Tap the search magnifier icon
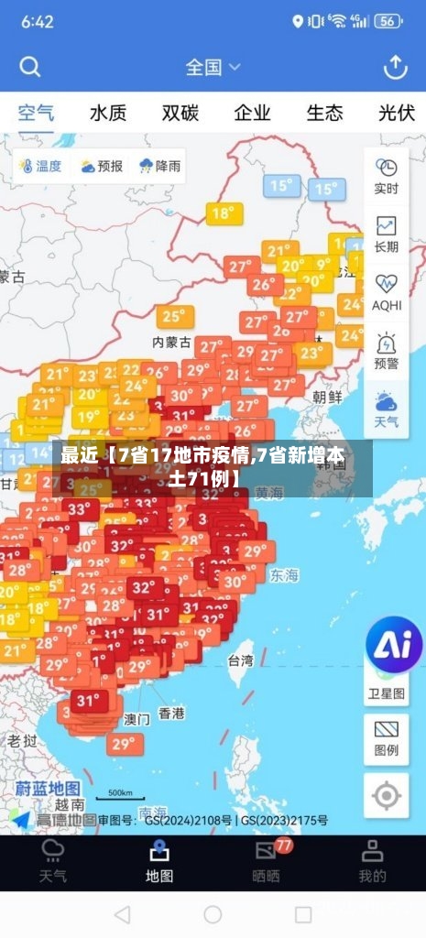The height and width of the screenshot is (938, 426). (x=30, y=67)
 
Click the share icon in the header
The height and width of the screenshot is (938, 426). (x=395, y=67)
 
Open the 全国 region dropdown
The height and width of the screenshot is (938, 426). (x=213, y=67)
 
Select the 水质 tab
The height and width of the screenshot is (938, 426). (x=108, y=114)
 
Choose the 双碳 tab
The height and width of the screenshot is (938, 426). (x=180, y=114)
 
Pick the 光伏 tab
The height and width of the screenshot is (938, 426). (x=397, y=114)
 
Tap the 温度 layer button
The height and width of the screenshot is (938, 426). (x=38, y=166)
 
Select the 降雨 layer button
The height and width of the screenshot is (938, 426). (x=159, y=166)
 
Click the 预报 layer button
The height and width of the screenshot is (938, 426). (x=101, y=166)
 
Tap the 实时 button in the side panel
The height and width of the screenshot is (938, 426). (x=387, y=176)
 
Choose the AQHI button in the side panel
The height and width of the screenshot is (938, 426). (x=387, y=292)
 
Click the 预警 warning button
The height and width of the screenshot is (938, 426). (x=387, y=351)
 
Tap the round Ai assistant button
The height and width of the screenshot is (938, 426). (x=394, y=645)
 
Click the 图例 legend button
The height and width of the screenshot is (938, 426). (x=387, y=738)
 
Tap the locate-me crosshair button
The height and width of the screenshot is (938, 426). (x=387, y=795)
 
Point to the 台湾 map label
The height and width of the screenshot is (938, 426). (x=241, y=660)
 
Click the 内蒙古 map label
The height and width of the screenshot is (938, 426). (x=171, y=342)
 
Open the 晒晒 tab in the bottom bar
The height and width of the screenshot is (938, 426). (x=266, y=863)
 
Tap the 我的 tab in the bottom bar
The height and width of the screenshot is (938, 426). (x=372, y=863)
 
